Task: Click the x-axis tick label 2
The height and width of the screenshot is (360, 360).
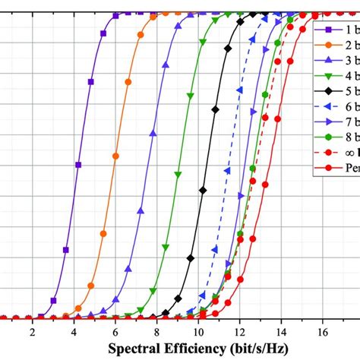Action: pyautogui.click(x=32, y=332)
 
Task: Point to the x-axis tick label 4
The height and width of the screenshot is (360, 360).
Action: pyautogui.click(x=74, y=332)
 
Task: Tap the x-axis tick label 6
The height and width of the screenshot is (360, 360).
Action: pyautogui.click(x=115, y=332)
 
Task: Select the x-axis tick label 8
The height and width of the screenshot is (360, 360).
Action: pyautogui.click(x=156, y=332)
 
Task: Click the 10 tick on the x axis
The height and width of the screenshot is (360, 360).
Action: pyautogui.click(x=197, y=332)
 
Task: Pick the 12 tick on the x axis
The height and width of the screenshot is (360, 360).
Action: pyautogui.click(x=239, y=332)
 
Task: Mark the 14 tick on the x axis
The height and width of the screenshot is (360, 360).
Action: pyautogui.click(x=281, y=332)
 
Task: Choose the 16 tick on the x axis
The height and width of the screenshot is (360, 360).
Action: pyautogui.click(x=322, y=332)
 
